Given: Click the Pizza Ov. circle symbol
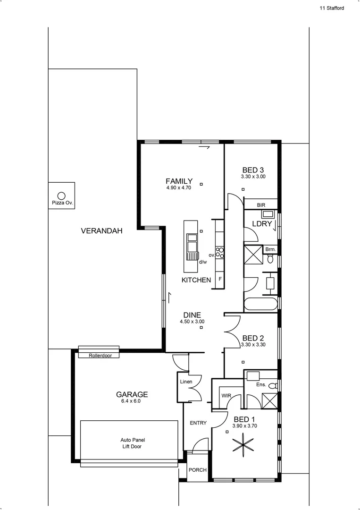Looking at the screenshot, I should [61, 195].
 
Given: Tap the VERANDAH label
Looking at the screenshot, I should [101, 231].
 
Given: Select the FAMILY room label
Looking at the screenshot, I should [179, 181].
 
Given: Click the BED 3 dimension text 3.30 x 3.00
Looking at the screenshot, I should [253, 177].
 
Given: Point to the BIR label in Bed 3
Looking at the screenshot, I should [261, 205].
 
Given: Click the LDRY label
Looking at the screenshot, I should [262, 224].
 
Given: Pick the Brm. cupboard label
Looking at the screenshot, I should [270, 249].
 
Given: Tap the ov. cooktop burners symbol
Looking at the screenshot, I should [219, 252].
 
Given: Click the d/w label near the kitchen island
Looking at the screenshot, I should [203, 262].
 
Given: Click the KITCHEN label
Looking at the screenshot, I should [196, 280].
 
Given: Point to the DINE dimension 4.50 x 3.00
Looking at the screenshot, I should [192, 322].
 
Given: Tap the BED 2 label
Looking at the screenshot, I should [252, 338].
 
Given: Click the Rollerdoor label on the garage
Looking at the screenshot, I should [100, 356].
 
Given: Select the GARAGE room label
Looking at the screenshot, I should [132, 394].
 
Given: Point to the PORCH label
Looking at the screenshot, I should [197, 470].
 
